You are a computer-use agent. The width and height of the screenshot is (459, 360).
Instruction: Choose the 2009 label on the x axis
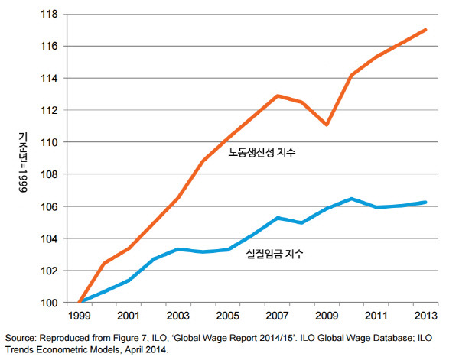pyautogui.click(x=327, y=316)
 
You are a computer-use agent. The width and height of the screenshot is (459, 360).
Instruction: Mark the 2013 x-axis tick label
pyautogui.click(x=425, y=316)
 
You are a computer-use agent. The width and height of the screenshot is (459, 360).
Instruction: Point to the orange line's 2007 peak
pyautogui.click(x=278, y=96)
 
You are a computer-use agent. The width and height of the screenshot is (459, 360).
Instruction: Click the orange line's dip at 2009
pyautogui.click(x=327, y=125)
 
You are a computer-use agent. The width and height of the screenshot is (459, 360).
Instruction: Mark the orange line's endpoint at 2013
pyautogui.click(x=425, y=30)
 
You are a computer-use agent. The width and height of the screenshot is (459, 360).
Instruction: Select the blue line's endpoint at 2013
pyautogui.click(x=425, y=203)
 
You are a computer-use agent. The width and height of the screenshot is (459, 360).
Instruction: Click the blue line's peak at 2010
pyautogui.click(x=352, y=199)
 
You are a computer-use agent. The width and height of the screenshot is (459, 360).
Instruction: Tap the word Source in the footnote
pyautogui.click(x=19, y=336)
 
